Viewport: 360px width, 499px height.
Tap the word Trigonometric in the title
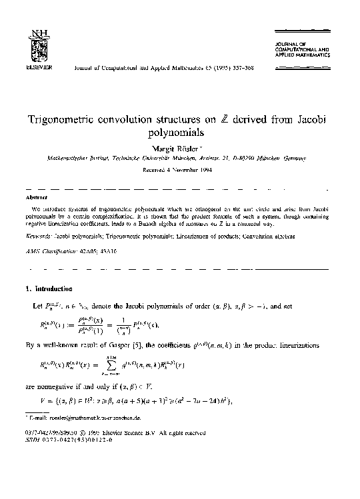pos(66,120)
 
